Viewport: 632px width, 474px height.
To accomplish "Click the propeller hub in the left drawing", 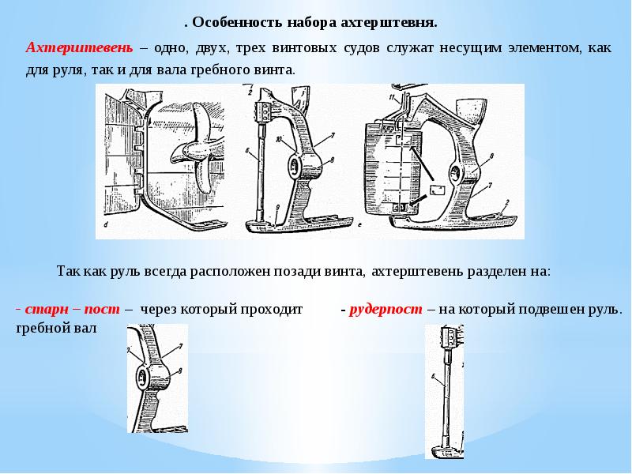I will [x=193, y=149].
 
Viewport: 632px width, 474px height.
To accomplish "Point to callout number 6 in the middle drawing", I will [x=247, y=150].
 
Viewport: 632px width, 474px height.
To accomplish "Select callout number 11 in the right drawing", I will [x=390, y=97].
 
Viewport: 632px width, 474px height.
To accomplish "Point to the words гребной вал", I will [x=55, y=328].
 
